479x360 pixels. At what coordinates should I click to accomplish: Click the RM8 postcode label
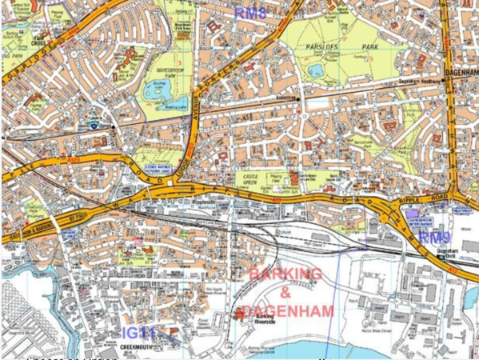point(250,12)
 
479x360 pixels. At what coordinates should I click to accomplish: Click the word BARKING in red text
point(286,274)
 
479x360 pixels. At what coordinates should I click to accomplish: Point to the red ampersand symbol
point(285,293)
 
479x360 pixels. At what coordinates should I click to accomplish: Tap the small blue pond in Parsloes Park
point(316,71)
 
